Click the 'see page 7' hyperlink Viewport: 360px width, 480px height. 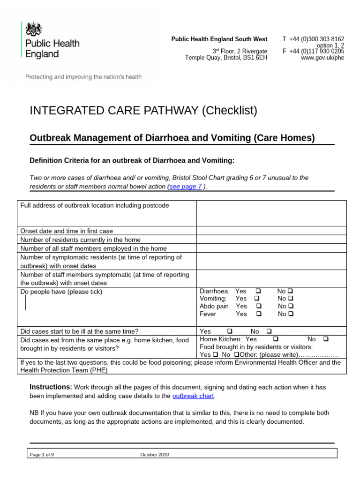[186, 186]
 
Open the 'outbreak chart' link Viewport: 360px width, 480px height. [193, 396]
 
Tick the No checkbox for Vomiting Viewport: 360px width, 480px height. [291, 299]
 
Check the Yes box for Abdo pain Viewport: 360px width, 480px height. [259, 306]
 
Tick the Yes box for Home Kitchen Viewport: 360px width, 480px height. [275, 339]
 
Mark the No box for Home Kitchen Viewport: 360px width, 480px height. [326, 339]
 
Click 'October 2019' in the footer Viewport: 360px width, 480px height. [155, 454]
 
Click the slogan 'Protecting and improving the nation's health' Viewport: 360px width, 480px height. [83, 77]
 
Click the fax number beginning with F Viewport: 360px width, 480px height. [313, 52]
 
